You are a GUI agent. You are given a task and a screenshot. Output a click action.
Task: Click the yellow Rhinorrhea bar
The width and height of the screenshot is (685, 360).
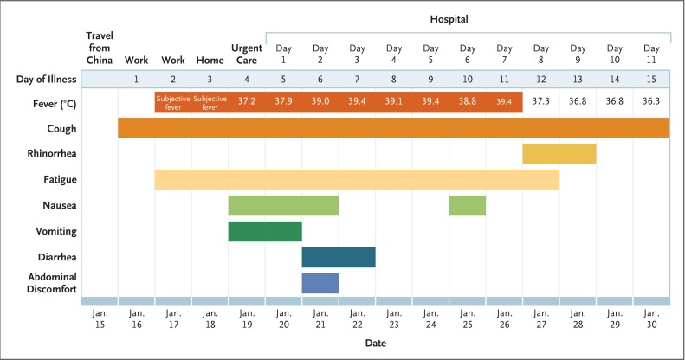tap(559, 153)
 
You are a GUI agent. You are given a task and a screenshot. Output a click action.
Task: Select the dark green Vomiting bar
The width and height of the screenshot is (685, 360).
tap(265, 231)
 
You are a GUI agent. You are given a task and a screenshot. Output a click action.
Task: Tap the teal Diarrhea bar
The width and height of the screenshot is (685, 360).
tap(339, 257)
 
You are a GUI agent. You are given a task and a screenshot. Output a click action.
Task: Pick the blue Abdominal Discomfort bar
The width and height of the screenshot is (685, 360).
tap(320, 283)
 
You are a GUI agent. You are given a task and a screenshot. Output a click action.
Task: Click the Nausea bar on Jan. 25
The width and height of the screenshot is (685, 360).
tap(468, 205)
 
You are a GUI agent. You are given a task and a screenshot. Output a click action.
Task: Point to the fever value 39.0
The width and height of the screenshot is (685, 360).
tap(320, 101)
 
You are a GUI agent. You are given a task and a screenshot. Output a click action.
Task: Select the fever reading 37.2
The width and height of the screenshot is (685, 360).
tap(247, 101)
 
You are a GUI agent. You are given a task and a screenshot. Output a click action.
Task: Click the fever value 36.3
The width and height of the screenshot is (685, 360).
tap(651, 101)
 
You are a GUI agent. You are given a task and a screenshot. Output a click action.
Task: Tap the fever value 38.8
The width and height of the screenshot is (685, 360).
tap(468, 101)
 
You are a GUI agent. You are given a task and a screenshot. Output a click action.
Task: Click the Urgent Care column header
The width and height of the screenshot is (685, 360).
tap(247, 54)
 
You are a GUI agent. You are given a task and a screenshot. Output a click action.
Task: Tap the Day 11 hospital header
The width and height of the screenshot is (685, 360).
tap(651, 54)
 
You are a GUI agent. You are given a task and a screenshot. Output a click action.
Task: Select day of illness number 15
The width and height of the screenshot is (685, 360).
tap(651, 80)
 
